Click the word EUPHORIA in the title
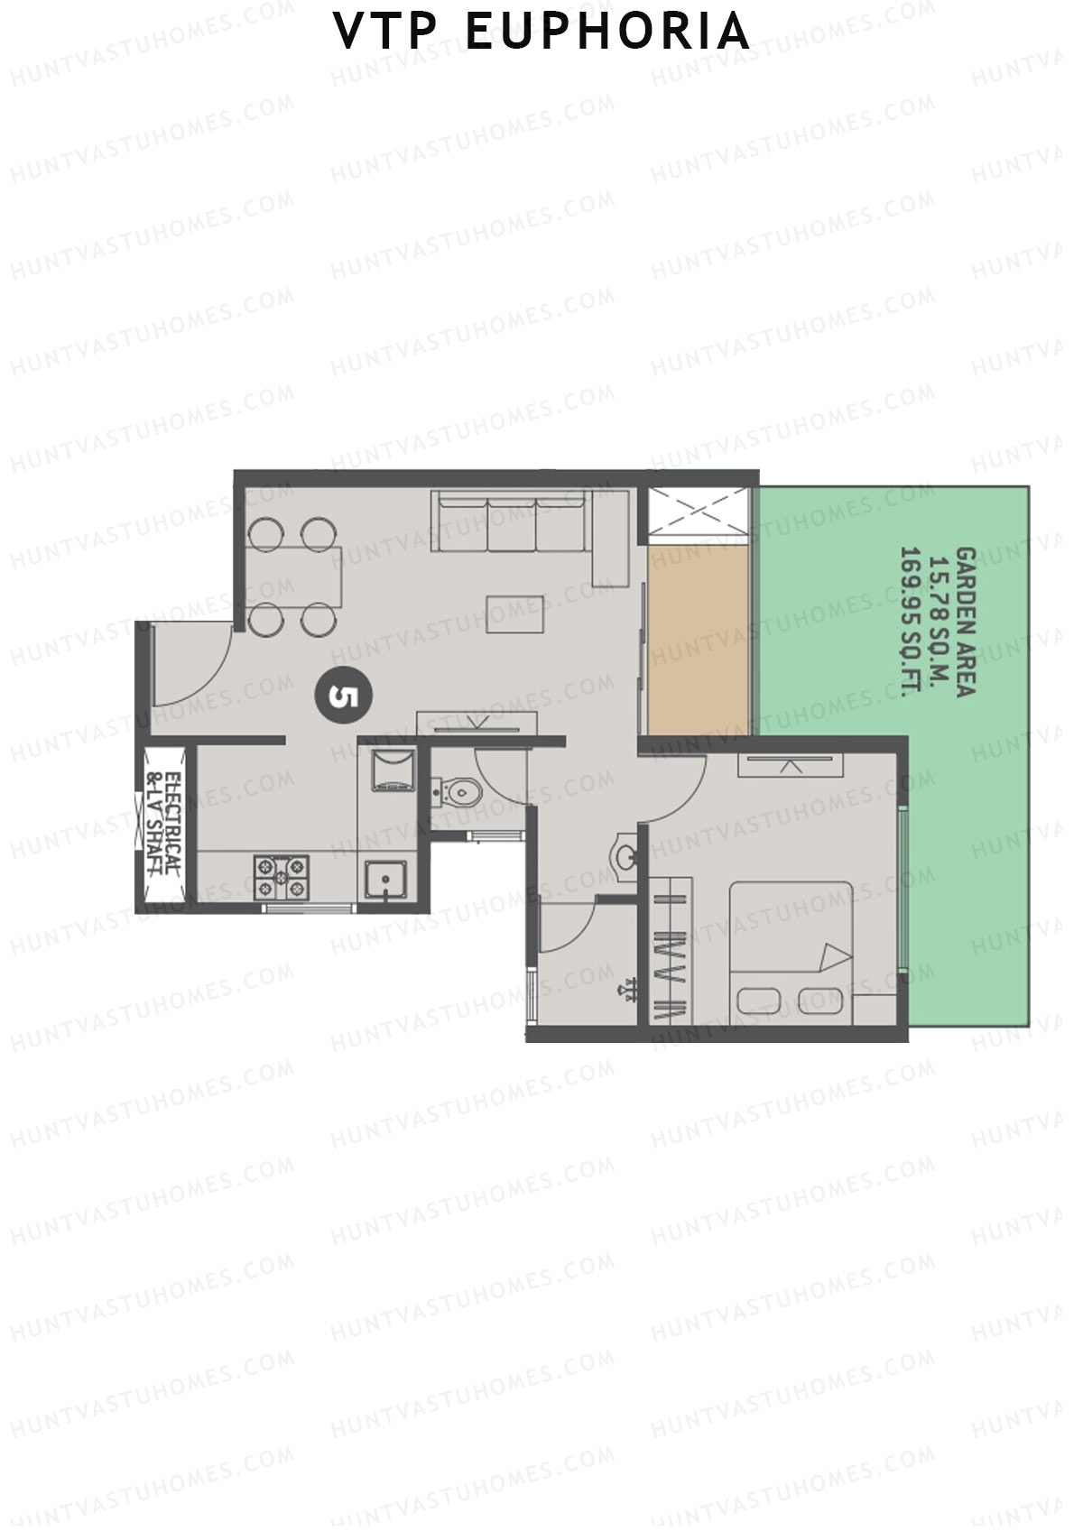click(x=607, y=32)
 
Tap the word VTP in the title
click(x=385, y=32)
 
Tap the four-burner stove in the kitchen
click(x=282, y=877)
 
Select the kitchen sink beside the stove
click(x=385, y=880)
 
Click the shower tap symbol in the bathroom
click(x=625, y=992)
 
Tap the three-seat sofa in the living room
click(x=510, y=521)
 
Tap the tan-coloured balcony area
click(x=698, y=639)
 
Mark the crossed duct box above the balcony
click(x=699, y=512)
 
